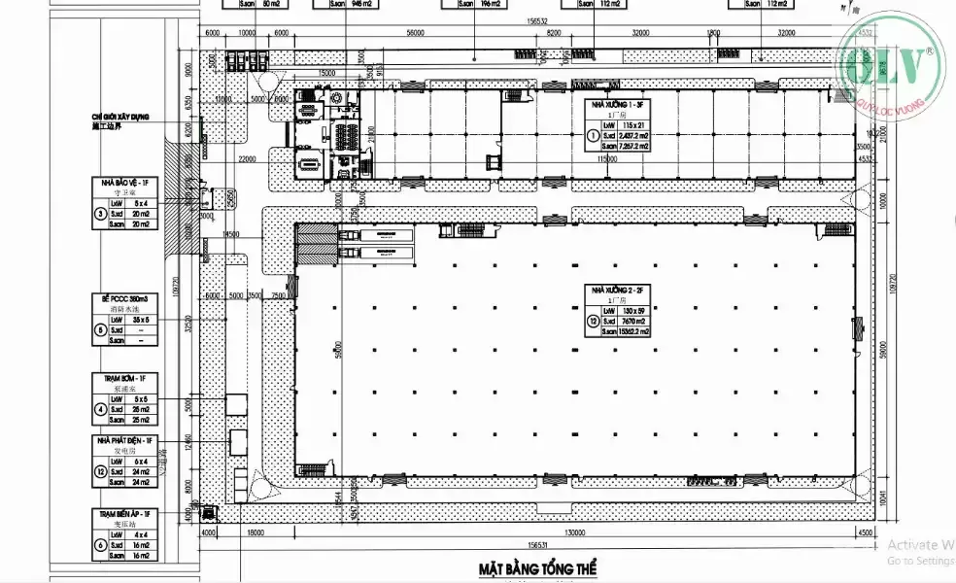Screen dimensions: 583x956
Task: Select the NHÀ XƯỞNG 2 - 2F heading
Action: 617,290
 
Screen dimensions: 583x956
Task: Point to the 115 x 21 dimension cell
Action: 636,125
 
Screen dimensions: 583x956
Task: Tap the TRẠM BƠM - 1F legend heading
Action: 119,376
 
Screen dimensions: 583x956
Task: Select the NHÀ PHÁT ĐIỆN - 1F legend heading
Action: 124,440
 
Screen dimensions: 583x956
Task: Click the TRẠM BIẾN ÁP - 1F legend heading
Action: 122,512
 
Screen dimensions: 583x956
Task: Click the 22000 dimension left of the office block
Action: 243,159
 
